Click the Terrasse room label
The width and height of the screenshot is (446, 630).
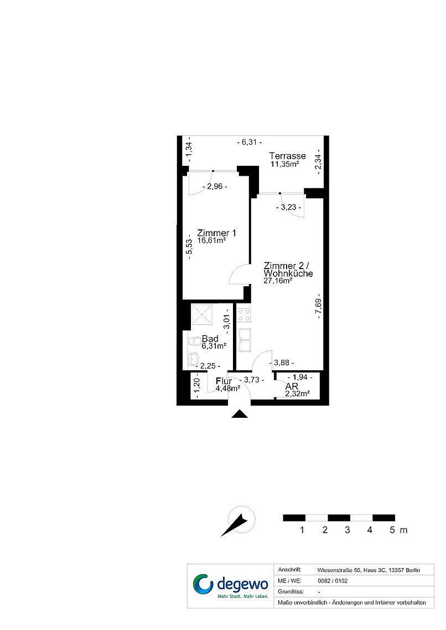click(287, 156)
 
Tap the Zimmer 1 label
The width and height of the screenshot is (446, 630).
click(216, 233)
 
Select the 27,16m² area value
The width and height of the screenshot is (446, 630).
click(277, 281)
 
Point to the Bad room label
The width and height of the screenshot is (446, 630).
click(210, 339)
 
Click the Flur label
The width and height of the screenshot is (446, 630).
click(224, 381)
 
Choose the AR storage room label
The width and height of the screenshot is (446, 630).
click(292, 386)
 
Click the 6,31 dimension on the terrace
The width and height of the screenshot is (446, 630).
click(250, 142)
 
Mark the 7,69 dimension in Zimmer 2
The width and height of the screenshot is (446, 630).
click(319, 306)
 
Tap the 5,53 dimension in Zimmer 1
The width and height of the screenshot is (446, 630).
click(189, 246)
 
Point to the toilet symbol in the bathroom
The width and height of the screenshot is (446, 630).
click(195, 341)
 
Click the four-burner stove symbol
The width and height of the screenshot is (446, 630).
click(244, 315)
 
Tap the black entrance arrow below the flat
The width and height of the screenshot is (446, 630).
click(240, 414)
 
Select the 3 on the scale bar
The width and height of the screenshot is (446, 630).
click(348, 530)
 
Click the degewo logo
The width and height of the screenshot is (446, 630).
click(230, 586)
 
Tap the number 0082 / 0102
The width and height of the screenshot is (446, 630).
click(333, 581)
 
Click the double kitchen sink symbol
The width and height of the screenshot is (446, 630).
click(244, 339)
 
